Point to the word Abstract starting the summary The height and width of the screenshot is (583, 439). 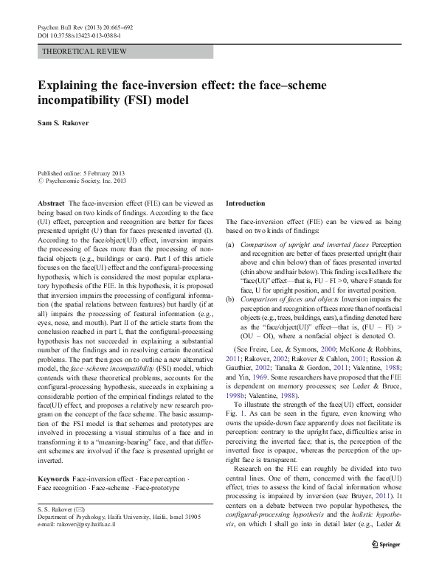coord(50,202)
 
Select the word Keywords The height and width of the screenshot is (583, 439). coord(52,478)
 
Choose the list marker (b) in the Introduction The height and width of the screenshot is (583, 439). coord(229,299)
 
